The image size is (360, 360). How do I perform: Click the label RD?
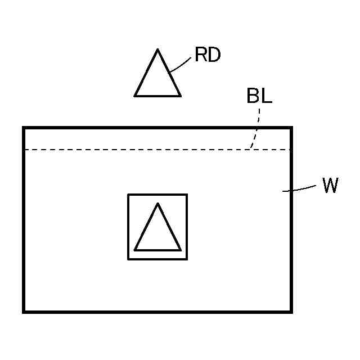208,55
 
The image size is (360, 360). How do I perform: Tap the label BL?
259,96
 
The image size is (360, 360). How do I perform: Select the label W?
330,186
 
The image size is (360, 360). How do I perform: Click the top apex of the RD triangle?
157,50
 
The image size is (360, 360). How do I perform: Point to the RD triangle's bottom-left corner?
135,96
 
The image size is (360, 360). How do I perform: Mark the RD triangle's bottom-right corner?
181,96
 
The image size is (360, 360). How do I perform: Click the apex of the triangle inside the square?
157,204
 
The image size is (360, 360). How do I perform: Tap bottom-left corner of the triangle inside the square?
135,249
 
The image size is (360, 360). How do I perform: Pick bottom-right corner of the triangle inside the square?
181,249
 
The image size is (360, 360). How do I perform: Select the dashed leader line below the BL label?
256,129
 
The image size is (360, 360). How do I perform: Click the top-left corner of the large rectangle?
24,128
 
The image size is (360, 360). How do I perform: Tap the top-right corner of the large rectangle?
291,128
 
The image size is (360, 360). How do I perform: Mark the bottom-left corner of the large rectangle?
24,311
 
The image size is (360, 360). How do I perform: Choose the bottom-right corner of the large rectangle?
291,311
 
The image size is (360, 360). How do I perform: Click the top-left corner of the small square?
128,195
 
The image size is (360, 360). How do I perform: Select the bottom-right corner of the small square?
187,259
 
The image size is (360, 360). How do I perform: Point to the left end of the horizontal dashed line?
25,150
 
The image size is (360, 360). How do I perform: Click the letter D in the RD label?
214,55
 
